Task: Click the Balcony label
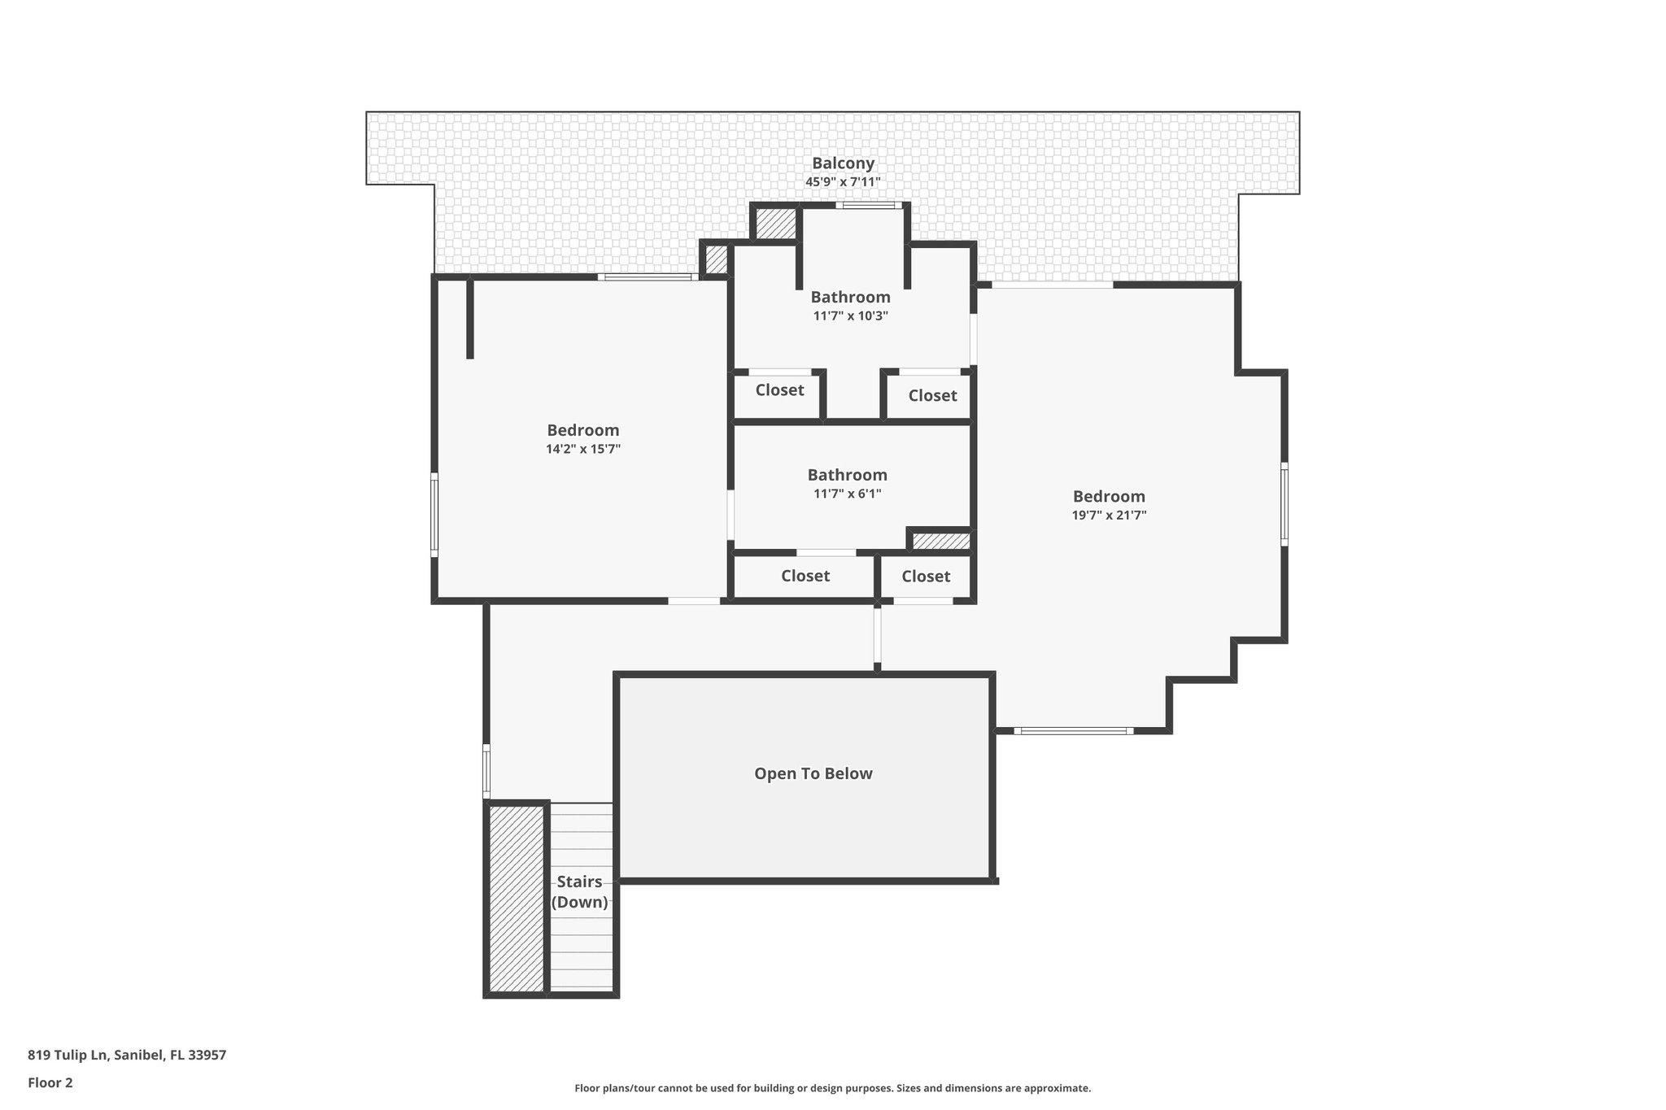click(843, 163)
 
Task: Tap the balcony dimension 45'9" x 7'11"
click(843, 182)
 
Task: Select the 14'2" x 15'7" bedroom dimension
click(582, 449)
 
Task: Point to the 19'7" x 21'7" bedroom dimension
click(1109, 515)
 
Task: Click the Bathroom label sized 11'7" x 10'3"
click(850, 297)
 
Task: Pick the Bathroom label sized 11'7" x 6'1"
click(847, 475)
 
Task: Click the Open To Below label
click(813, 773)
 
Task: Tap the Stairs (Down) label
click(579, 892)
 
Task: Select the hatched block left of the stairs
click(516, 898)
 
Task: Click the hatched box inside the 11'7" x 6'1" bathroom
click(940, 541)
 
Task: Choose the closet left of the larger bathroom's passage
click(778, 390)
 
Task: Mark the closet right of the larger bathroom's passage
click(931, 396)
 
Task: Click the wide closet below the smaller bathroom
click(805, 576)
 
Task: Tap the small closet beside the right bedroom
click(926, 577)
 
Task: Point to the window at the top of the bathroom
click(868, 206)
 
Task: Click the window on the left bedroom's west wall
click(434, 515)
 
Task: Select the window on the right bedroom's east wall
click(1284, 503)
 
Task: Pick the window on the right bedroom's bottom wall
click(1073, 731)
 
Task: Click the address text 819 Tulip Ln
click(127, 1056)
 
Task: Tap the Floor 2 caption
click(50, 1082)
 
